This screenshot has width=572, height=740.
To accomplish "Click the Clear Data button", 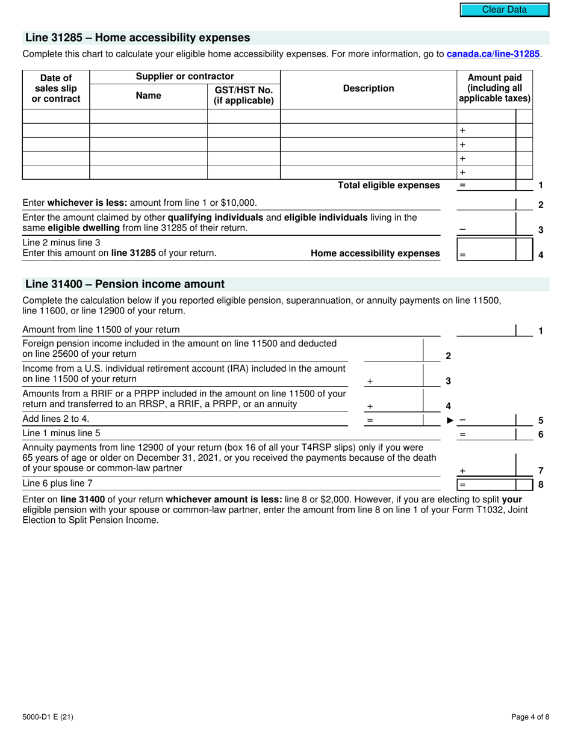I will click(x=505, y=10).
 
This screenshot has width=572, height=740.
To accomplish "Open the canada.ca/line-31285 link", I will click(x=493, y=54).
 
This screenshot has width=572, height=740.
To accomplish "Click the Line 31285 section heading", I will click(x=137, y=38).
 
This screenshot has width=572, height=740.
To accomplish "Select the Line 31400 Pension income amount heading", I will click(x=125, y=284).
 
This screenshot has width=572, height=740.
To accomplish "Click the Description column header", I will click(x=368, y=88).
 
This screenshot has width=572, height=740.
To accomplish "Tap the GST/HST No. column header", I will click(x=244, y=95).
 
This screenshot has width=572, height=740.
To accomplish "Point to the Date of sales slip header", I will click(x=55, y=88).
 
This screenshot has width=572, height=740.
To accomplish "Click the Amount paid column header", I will click(x=494, y=88).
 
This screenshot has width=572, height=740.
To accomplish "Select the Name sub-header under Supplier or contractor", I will click(x=148, y=95).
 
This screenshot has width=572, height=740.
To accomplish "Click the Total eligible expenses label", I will click(x=388, y=185).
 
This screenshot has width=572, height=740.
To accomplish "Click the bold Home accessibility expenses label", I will click(x=375, y=253).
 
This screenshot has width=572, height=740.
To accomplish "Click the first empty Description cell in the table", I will click(x=368, y=116).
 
